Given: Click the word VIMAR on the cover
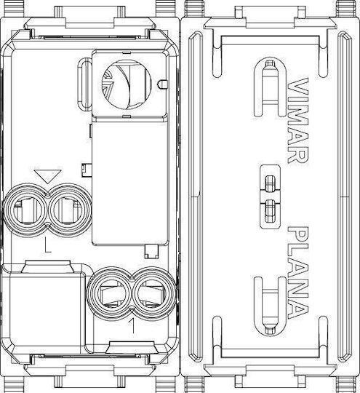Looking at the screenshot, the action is (x=297, y=120).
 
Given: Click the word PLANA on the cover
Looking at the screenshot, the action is (x=297, y=273).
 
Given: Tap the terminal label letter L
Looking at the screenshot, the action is (x=47, y=245).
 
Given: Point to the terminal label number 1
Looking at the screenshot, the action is (x=133, y=326).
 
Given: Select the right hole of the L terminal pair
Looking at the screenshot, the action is (x=69, y=210).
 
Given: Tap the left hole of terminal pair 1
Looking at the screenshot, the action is (x=110, y=293).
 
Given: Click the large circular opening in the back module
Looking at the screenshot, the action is (x=127, y=84).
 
